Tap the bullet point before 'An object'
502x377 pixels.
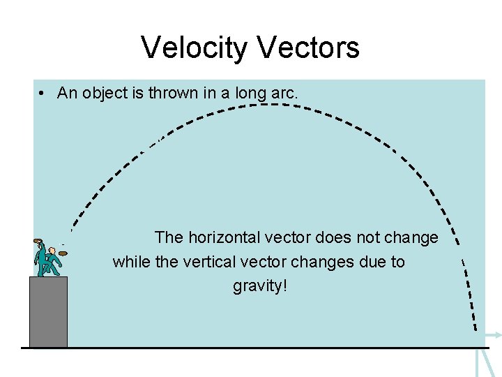[x=43, y=94]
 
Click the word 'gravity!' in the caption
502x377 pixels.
[x=260, y=286]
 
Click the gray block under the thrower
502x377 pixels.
[x=48, y=312]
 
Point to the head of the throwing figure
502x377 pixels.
[x=52, y=250]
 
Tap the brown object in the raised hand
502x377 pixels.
[x=38, y=242]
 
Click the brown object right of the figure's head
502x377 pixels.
[x=63, y=252]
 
